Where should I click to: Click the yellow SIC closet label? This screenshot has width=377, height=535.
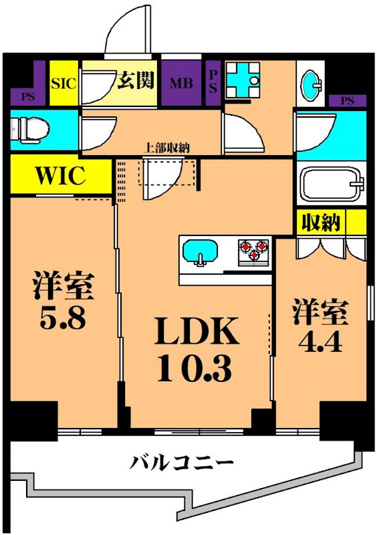(64, 84)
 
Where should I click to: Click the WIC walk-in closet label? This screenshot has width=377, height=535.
(60, 176)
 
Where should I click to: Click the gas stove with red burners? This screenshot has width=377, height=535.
(253, 251)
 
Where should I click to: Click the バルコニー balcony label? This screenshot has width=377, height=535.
(182, 462)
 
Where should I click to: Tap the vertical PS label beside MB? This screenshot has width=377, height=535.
(213, 83)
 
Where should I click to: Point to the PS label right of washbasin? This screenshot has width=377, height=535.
(347, 101)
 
